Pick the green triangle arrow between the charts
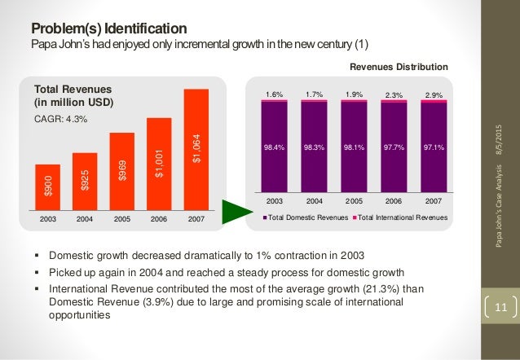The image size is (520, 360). [x=235, y=209]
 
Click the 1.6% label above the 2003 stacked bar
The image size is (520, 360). [x=275, y=94]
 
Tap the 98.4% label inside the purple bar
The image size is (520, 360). [x=275, y=148]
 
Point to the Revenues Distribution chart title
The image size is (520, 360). [x=399, y=64]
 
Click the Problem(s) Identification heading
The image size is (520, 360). [x=103, y=28]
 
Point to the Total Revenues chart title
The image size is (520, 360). [x=73, y=94]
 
